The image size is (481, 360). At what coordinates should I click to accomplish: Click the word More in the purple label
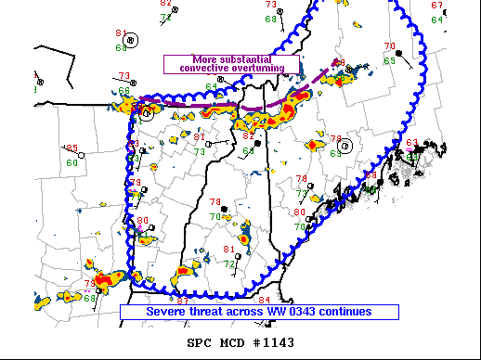(206, 59)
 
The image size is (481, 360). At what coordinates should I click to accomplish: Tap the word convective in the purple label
(211, 69)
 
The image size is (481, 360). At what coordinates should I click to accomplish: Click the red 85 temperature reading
(71, 148)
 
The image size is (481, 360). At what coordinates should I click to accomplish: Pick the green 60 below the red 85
(71, 163)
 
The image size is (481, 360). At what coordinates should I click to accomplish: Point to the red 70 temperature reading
(389, 46)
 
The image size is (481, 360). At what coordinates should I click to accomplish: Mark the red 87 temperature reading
(183, 301)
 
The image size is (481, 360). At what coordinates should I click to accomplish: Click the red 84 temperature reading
(264, 300)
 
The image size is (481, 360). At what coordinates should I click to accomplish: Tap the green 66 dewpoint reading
(123, 90)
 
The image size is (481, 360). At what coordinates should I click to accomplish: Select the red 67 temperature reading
(436, 5)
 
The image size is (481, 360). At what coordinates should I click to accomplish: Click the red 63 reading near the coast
(411, 143)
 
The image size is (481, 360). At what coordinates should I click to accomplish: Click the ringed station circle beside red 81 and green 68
(131, 40)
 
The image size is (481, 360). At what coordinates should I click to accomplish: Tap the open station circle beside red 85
(81, 157)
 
